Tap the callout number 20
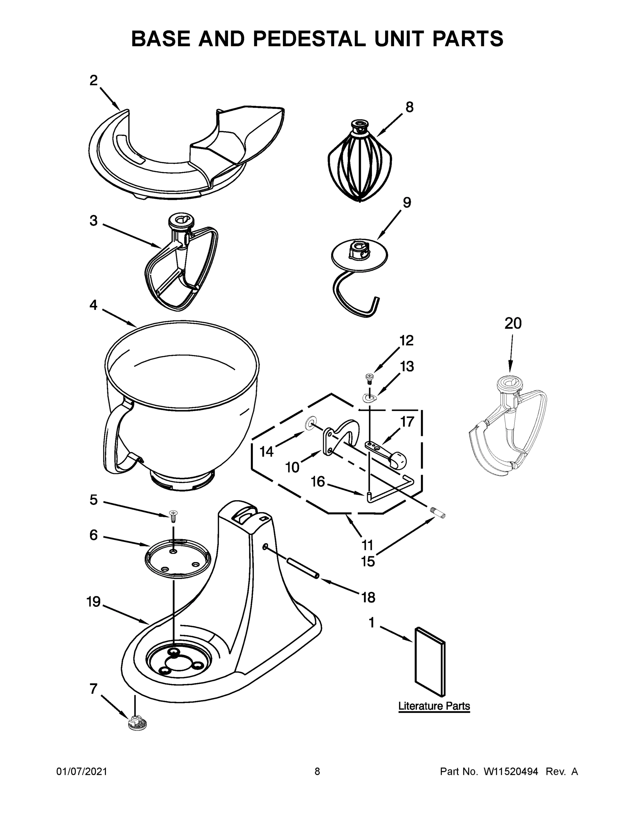[513, 323]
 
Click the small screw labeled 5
[174, 515]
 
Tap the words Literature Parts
[434, 706]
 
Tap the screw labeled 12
[368, 377]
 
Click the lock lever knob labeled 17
[398, 460]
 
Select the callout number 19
[94, 602]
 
